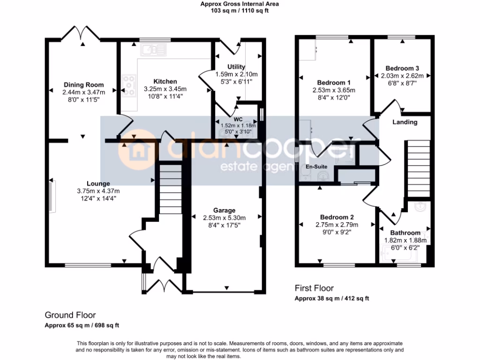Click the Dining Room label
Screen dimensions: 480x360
(83, 85)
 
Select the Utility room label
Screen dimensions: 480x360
(236, 67)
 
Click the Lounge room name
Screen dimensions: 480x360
(98, 184)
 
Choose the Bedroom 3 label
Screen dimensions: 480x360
(399, 68)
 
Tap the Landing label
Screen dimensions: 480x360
(405, 122)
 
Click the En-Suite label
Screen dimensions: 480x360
(315, 166)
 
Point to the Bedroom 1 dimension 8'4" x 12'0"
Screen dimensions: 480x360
(334, 97)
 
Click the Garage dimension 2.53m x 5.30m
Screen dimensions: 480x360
(225, 217)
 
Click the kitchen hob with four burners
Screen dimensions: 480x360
(128, 85)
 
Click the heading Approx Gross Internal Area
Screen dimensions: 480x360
(240, 4)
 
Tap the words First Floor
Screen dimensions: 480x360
(314, 288)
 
